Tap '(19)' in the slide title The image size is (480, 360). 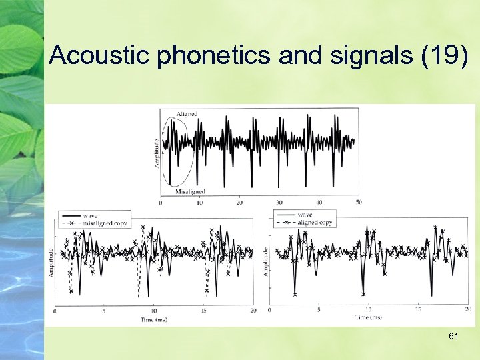(446, 55)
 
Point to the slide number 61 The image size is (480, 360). (453, 337)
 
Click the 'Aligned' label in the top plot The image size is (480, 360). (187, 114)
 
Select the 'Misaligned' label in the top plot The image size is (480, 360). (190, 191)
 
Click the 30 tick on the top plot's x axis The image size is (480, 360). (279, 202)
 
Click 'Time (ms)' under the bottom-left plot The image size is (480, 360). (154, 319)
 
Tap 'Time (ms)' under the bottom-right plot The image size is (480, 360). (369, 318)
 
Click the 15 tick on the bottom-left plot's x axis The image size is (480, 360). (204, 311)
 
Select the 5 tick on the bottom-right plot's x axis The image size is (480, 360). (319, 310)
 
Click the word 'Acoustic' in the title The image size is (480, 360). (100, 55)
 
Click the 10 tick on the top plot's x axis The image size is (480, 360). (200, 202)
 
